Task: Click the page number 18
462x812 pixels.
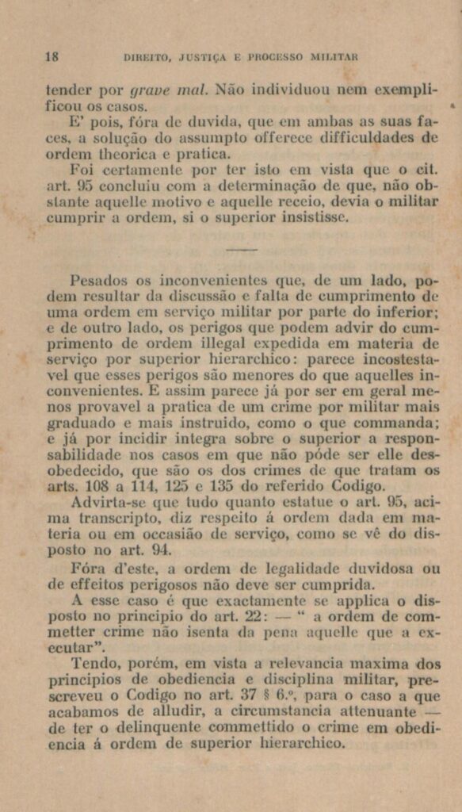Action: pos(52,57)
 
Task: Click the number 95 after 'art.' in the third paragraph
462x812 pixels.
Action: pos(78,186)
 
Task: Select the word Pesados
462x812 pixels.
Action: pos(97,281)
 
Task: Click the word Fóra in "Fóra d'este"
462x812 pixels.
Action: pos(86,568)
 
